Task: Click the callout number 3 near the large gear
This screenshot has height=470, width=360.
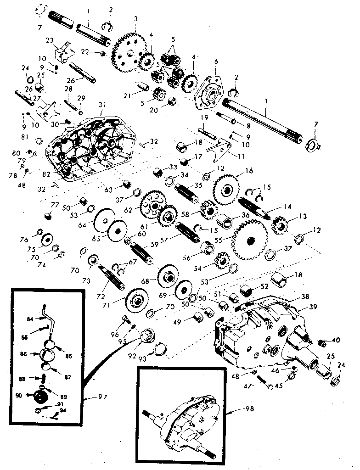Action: click(136, 19)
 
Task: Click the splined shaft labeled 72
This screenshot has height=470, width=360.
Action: click(111, 277)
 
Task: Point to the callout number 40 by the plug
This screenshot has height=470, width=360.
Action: click(336, 340)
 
